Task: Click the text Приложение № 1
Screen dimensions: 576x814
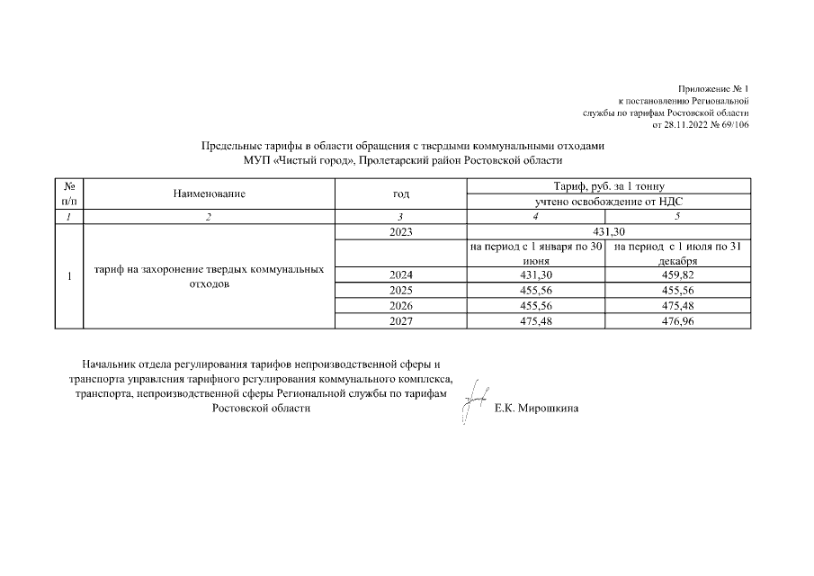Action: pos(714,89)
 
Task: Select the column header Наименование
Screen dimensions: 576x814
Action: pos(210,193)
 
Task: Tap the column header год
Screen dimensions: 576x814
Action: pos(400,193)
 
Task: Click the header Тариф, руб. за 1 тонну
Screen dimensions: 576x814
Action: pos(608,186)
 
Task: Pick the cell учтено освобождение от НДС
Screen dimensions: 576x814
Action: pos(608,202)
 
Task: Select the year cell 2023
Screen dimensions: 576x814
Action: pos(400,232)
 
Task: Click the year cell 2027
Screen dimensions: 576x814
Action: pos(400,321)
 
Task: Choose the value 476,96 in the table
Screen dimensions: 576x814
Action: pos(679,321)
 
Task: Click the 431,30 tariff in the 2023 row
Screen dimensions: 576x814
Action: pos(608,232)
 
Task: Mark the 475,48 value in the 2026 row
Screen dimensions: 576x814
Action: pos(679,306)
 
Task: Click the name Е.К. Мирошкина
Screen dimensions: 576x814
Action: pos(538,409)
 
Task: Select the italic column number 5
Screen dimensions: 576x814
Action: pos(679,217)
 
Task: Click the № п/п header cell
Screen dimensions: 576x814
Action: pos(68,193)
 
